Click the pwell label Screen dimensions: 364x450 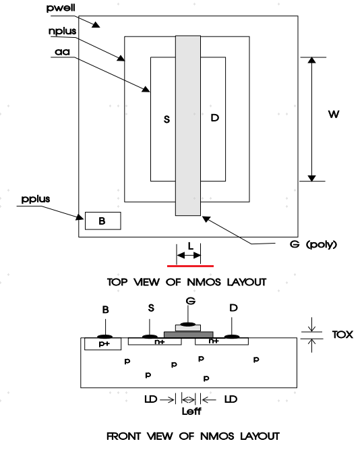(x=61, y=7)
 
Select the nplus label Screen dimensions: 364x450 (x=63, y=31)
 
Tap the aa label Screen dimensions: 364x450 (x=63, y=52)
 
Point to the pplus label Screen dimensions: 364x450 (x=36, y=199)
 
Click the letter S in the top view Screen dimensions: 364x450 (x=166, y=119)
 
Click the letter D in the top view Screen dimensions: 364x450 (x=215, y=117)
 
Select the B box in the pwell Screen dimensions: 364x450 (x=103, y=221)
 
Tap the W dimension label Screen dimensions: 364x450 (x=334, y=114)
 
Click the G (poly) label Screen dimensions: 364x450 (x=313, y=244)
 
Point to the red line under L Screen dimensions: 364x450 (x=191, y=266)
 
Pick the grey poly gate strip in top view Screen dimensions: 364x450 (x=188, y=125)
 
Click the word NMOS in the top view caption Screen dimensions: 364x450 (x=204, y=282)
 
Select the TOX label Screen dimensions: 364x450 (x=342, y=335)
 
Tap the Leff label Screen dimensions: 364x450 (x=191, y=412)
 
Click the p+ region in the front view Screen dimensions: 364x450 (x=102, y=343)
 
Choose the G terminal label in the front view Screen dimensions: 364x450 (x=191, y=301)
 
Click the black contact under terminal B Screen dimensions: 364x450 (x=105, y=337)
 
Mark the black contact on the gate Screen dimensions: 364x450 (x=188, y=325)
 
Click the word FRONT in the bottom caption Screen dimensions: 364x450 (x=123, y=437)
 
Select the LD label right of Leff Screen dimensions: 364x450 (x=231, y=399)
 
